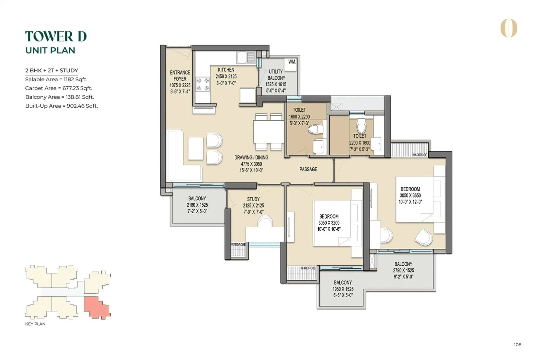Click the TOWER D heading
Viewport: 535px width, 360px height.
[56, 36]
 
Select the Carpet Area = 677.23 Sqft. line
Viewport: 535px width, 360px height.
[59, 88]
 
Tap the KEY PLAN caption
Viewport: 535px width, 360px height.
[35, 324]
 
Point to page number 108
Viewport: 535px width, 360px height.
[517, 345]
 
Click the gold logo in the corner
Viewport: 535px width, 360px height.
[509, 28]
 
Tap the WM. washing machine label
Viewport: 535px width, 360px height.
[292, 62]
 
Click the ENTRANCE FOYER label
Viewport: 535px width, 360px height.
[180, 76]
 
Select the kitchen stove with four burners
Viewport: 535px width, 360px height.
[203, 84]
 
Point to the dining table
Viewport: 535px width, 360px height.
[269, 132]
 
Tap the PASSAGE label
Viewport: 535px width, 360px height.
[308, 169]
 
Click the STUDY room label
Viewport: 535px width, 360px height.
[253, 199]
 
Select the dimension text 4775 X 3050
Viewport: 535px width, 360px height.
[251, 164]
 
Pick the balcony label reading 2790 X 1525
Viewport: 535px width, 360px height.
[403, 270]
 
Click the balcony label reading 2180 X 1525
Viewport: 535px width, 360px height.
[197, 205]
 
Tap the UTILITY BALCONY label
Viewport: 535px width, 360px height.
[276, 75]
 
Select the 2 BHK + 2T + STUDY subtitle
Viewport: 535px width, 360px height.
[51, 71]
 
